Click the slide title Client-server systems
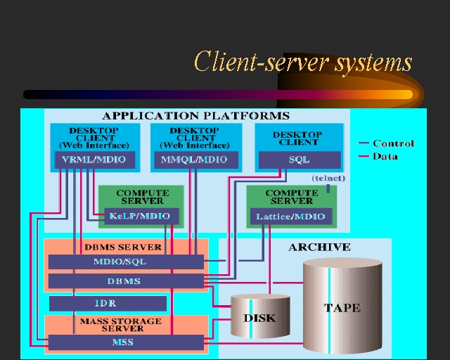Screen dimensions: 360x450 point(302,62)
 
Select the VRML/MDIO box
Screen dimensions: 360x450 point(89,160)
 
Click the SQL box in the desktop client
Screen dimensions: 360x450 point(299,160)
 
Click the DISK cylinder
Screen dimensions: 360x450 point(260,318)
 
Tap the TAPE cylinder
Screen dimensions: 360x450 point(342,307)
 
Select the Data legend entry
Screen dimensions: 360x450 point(386,156)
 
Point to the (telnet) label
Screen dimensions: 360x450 point(328,179)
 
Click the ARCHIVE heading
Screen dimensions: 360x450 point(319,247)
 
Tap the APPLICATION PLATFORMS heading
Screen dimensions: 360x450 point(195,116)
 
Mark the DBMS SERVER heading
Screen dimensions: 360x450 point(123,247)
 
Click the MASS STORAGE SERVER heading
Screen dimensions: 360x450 point(122,325)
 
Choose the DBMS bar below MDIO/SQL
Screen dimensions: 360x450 point(126,281)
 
